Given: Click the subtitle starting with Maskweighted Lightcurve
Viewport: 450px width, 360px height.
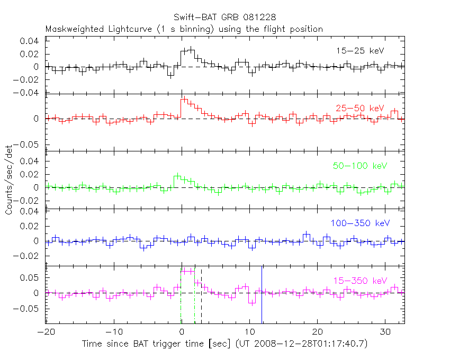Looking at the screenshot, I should point(184,29).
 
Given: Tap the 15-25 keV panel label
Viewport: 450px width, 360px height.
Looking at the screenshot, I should point(359,51).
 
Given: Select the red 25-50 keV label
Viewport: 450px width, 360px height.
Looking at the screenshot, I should point(359,108).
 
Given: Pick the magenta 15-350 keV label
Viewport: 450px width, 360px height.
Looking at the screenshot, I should point(360,281).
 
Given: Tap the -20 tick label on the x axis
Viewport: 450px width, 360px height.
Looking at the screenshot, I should point(46,332).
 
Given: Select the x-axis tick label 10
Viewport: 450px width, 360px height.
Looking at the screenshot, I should point(249,332).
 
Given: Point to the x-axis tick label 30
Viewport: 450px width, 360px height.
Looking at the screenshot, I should point(385,332).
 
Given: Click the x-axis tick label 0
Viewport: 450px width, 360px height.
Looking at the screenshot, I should point(182,332).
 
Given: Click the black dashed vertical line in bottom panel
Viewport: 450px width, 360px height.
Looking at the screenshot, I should point(202,296).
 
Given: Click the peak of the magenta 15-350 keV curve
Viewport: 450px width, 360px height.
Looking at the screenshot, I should point(188,271).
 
